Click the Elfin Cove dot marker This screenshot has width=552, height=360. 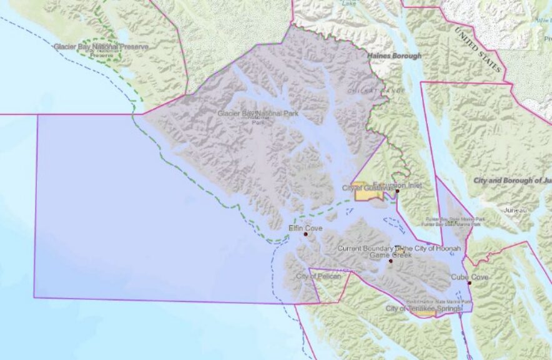coord(305,235)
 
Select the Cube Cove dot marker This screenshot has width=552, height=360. coord(469,283)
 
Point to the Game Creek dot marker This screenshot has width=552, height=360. coord(390,261)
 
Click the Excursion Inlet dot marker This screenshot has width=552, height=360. coord(397,192)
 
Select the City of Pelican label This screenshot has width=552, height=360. coord(318,276)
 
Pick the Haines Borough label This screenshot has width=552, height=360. coord(394,56)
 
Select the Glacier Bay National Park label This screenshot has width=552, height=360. coord(258,114)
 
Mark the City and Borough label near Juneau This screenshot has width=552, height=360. coord(512,180)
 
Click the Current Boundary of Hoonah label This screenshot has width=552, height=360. coord(399,248)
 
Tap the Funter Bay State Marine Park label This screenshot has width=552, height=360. coord(455,220)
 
